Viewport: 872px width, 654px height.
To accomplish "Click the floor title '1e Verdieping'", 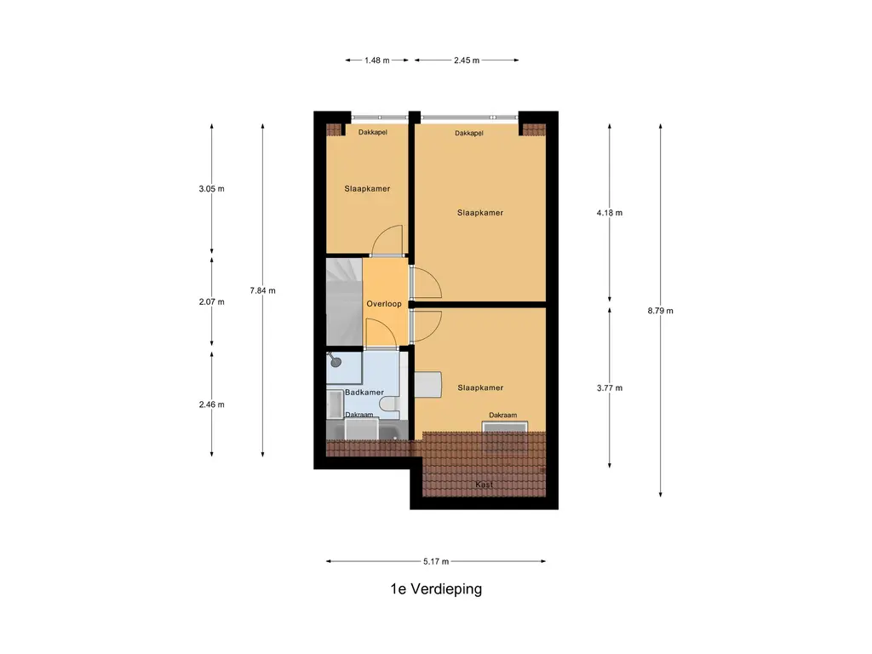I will pos(436,589).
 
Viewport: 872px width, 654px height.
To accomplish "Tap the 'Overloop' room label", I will pos(384,304).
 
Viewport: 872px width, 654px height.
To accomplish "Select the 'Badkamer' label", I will pos(364,393).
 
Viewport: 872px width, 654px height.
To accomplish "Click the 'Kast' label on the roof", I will pos(484,485).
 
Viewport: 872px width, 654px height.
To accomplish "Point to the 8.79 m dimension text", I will pos(660,311).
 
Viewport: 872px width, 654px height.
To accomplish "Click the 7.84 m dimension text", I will pos(262,290).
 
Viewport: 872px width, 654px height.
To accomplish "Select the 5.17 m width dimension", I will pos(435,561).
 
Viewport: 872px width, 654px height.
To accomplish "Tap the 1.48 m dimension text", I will pos(376,60).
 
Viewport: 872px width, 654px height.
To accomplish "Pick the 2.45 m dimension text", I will pos(467,60).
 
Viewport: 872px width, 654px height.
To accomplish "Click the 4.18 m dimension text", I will pos(610,213).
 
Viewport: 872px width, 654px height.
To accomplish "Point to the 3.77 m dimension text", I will pos(610,388).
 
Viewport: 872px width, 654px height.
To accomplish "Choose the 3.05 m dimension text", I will pos(212,189).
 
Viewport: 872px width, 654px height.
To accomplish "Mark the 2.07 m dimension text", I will pos(212,302).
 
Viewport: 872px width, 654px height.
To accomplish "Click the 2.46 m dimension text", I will pos(212,404).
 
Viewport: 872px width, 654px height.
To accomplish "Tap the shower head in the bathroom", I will pos(336,361).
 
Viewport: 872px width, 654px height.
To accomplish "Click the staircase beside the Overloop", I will pos(344,302).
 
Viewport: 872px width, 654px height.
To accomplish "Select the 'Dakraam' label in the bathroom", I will pos(359,415).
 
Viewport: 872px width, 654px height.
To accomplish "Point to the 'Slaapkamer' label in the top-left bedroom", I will pos(367,189).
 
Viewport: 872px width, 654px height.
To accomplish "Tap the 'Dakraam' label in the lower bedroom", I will pos(502,415).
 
